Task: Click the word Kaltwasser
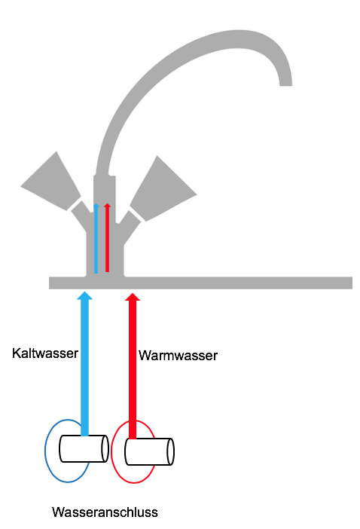click(x=45, y=353)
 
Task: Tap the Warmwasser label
click(x=178, y=356)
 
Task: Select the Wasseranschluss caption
click(x=105, y=512)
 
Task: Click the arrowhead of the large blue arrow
click(x=84, y=295)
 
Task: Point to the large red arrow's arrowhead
click(x=133, y=297)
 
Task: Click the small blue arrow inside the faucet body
click(x=96, y=238)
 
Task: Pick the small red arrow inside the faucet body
click(x=107, y=237)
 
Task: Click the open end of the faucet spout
click(x=286, y=84)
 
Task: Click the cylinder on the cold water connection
click(x=84, y=448)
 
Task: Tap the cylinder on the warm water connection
click(x=149, y=451)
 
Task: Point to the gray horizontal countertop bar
click(x=200, y=283)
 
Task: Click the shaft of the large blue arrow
click(x=84, y=368)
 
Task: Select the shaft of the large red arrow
click(x=133, y=370)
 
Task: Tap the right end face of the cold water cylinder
click(x=105, y=448)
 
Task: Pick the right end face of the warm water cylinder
click(x=171, y=451)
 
